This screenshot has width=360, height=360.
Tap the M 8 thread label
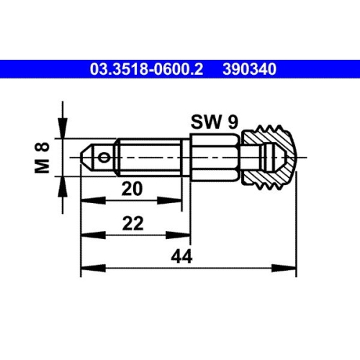(x=42, y=158)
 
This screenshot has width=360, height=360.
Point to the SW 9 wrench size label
(x=215, y=122)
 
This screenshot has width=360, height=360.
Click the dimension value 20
(x=131, y=188)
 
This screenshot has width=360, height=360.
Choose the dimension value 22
(x=131, y=224)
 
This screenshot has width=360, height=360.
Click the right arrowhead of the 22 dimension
(x=184, y=235)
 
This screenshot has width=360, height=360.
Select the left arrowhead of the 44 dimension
(x=86, y=269)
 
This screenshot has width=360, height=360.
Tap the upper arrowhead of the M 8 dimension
(x=65, y=130)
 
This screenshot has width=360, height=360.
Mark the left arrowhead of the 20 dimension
(x=86, y=201)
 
